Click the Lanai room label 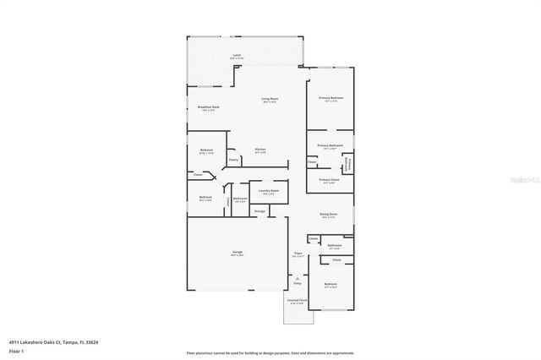(x=237, y=55)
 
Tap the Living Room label (x=270, y=99)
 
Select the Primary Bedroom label (x=331, y=99)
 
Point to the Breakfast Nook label (x=208, y=107)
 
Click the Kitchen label (x=260, y=150)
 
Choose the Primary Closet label (x=329, y=179)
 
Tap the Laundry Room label (x=269, y=191)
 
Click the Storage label (x=260, y=210)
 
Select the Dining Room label (x=329, y=215)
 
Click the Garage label (x=238, y=252)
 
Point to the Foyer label (x=298, y=252)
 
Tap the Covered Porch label (x=297, y=299)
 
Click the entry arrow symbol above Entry (x=297, y=277)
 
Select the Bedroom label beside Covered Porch (x=331, y=284)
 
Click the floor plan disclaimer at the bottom (x=270, y=352)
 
